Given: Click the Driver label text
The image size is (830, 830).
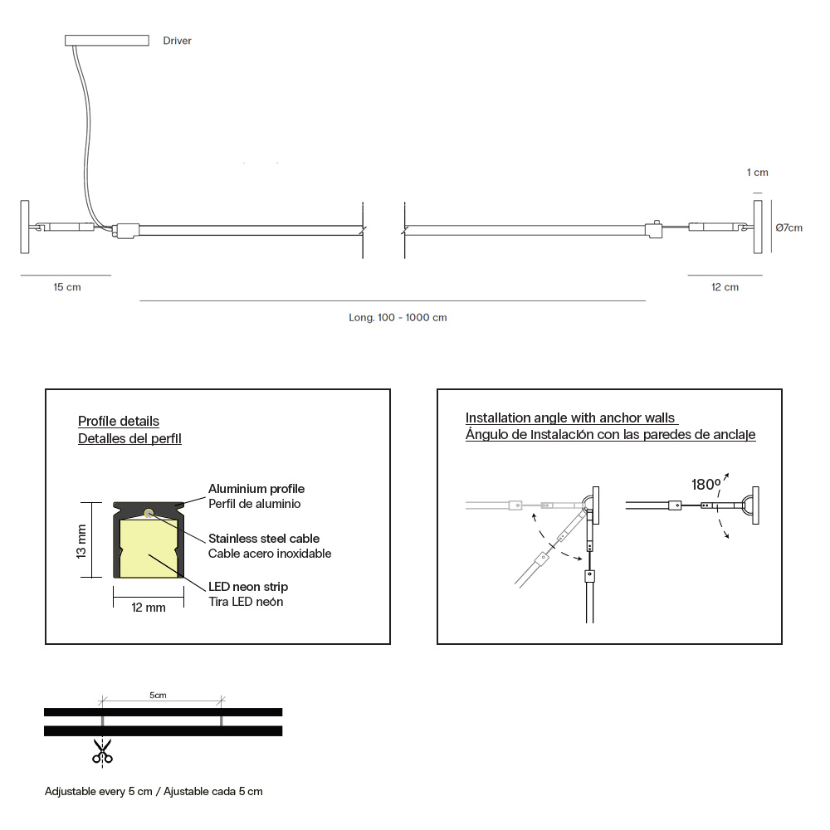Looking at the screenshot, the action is pyautogui.click(x=177, y=41).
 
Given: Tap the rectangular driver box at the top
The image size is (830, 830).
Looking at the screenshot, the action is pyautogui.click(x=107, y=40).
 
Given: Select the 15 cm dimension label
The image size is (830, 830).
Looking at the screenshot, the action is pyautogui.click(x=67, y=287).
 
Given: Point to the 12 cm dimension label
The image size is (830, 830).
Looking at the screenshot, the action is pyautogui.click(x=725, y=287).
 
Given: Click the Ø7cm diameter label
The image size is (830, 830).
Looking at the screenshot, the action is pyautogui.click(x=788, y=227).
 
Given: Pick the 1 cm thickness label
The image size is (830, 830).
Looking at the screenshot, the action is pyautogui.click(x=758, y=172).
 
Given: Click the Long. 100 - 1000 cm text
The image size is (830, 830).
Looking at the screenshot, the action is pyautogui.click(x=398, y=318).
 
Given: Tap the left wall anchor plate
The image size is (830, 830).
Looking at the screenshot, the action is pyautogui.click(x=24, y=227).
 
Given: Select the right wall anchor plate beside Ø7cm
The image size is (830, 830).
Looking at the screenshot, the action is pyautogui.click(x=758, y=227).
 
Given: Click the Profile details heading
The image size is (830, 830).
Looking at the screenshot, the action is pyautogui.click(x=119, y=422).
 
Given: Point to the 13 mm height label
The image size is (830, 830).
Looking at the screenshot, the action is pyautogui.click(x=81, y=541).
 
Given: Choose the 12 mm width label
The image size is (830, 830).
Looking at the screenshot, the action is pyautogui.click(x=149, y=608).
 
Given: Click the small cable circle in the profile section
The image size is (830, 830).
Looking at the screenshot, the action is pyautogui.click(x=149, y=512).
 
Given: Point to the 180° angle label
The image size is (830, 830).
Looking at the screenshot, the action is pyautogui.click(x=705, y=485).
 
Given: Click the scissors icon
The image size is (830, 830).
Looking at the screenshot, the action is pyautogui.click(x=102, y=752).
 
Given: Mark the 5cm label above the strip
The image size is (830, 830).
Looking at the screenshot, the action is pyautogui.click(x=158, y=695).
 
